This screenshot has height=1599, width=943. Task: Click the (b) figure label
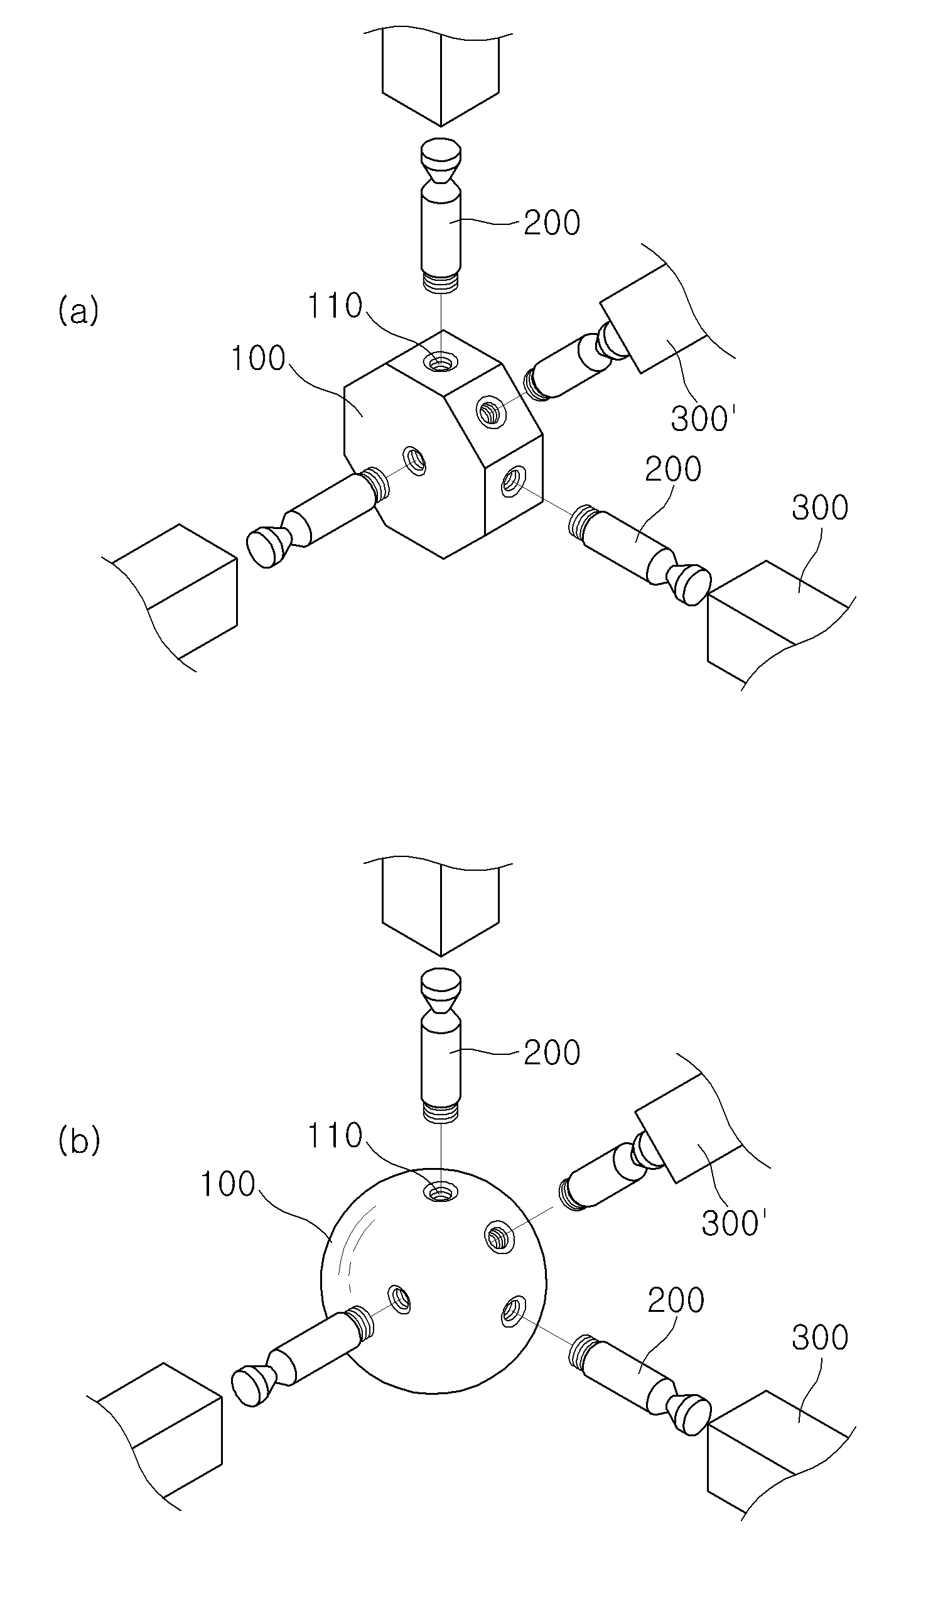tap(79, 1140)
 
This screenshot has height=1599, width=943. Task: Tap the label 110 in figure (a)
tap(335, 306)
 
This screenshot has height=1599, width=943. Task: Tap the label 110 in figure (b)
tap(335, 1135)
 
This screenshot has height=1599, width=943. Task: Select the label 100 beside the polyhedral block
tap(258, 359)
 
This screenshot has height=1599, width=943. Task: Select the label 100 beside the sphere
tap(227, 1184)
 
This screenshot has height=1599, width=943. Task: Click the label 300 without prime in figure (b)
tap(820, 1338)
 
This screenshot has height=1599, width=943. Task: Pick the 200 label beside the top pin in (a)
tap(552, 223)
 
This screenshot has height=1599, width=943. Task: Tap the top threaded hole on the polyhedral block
tap(440, 364)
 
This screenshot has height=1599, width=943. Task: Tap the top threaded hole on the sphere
tap(439, 1192)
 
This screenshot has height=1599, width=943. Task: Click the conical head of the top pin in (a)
tap(440, 161)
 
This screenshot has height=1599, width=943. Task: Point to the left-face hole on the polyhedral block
tap(415, 461)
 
